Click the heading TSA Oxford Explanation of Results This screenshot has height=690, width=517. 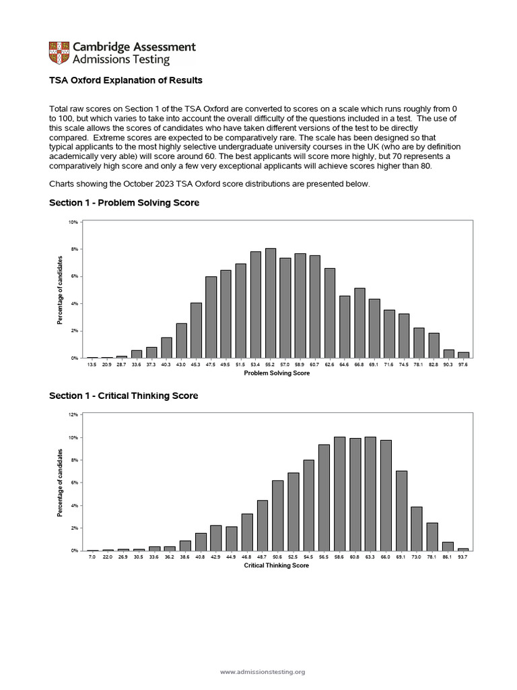[126, 80]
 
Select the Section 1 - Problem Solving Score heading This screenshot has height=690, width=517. [124, 203]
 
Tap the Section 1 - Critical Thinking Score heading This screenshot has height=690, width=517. [123, 396]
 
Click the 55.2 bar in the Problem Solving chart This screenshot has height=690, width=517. [271, 303]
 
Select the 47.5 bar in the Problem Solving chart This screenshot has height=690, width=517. [211, 317]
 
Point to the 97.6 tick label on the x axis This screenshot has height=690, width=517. [463, 365]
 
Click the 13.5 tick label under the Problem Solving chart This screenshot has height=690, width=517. [92, 365]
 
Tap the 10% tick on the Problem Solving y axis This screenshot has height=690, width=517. [74, 222]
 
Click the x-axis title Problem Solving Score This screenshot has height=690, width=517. [277, 373]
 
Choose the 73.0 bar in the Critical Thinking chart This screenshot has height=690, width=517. [417, 529]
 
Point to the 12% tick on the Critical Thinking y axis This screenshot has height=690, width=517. [74, 414]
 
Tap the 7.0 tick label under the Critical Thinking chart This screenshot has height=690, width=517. [92, 557]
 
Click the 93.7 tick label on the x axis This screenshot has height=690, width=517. [463, 557]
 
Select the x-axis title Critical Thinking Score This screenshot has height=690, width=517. [277, 566]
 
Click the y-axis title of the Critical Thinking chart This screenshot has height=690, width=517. [60, 482]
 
